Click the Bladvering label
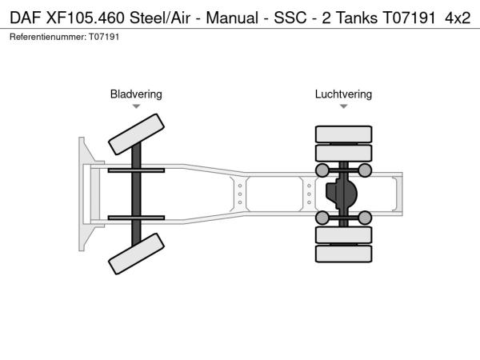click(136, 94)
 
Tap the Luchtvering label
click(343, 94)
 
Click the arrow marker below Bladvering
click(136, 106)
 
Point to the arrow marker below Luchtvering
click(343, 106)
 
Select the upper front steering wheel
click(136, 133)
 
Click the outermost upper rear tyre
click(343, 134)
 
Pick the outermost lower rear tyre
click(343, 254)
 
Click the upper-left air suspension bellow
click(322, 170)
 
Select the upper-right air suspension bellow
click(365, 170)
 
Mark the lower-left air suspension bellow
click(322, 218)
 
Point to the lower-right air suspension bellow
click(365, 218)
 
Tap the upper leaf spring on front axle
click(136, 170)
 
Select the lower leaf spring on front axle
click(136, 218)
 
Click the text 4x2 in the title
click(458, 17)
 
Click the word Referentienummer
click(45, 37)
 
